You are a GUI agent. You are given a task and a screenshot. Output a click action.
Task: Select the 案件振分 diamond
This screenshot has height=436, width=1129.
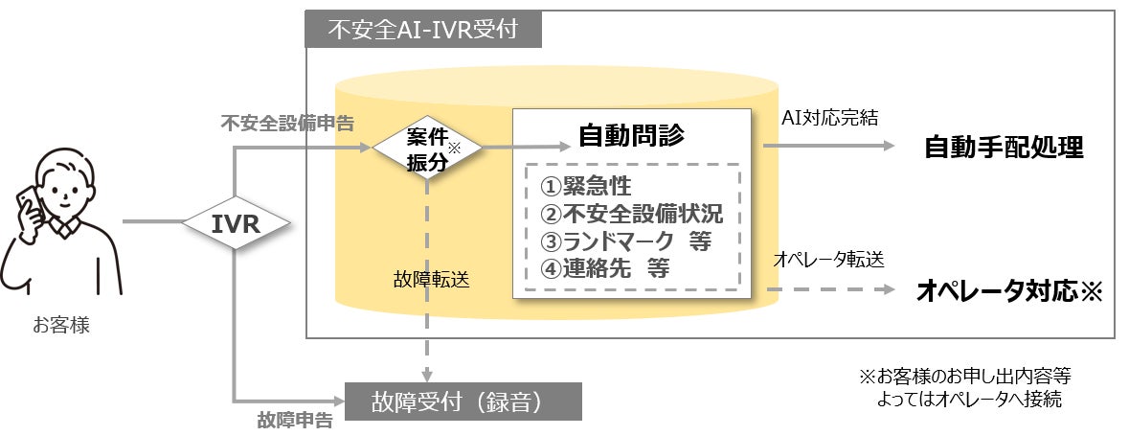click(427, 148)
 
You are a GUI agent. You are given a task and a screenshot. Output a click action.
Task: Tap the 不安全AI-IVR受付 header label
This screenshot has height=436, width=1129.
click(423, 31)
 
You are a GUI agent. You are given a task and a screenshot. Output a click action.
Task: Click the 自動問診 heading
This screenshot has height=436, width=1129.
click(631, 135)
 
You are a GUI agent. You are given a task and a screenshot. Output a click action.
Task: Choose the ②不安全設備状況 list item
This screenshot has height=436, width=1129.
click(631, 214)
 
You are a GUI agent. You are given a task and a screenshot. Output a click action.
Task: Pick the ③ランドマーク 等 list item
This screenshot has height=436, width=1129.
click(625, 241)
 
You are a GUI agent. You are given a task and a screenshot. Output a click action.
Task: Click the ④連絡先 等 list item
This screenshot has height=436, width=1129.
click(605, 269)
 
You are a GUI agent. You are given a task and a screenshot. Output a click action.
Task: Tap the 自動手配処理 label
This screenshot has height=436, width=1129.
click(1004, 149)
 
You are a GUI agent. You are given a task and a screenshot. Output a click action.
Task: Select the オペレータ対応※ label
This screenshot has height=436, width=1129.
click(1009, 291)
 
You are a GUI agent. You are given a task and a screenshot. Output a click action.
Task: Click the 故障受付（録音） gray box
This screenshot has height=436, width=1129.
click(463, 401)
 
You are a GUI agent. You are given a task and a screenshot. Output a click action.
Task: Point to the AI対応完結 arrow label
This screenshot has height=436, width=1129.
click(829, 118)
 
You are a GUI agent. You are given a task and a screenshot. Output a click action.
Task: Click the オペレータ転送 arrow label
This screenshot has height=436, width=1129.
click(828, 260)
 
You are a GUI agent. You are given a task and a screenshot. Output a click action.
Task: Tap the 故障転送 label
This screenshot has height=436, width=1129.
click(431, 280)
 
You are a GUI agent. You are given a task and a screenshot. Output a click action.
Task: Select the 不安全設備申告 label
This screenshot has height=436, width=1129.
click(286, 124)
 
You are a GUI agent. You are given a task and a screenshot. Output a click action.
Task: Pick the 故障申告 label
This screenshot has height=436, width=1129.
click(295, 420)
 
